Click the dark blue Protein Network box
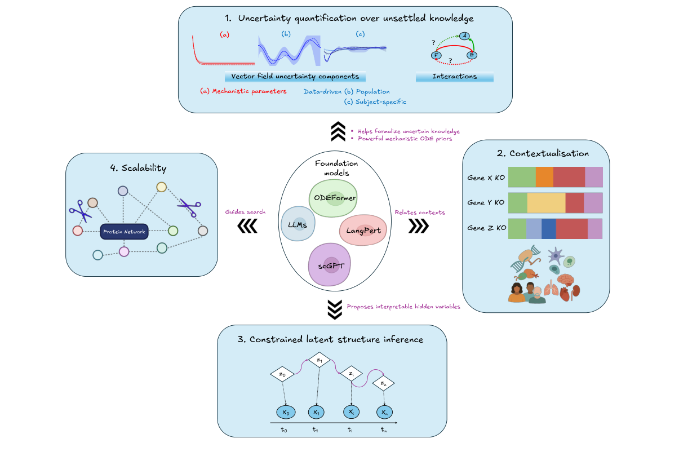tap(123, 231)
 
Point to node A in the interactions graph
tap(465, 36)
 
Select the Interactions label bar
tap(454, 77)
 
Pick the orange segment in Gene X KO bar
tap(544, 177)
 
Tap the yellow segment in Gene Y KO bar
tap(546, 203)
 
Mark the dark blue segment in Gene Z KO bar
tap(548, 228)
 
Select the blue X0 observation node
tap(286, 413)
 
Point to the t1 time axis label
tap(316, 430)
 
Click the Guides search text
tap(245, 212)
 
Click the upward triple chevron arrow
tap(339, 132)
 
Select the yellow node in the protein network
tap(161, 187)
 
